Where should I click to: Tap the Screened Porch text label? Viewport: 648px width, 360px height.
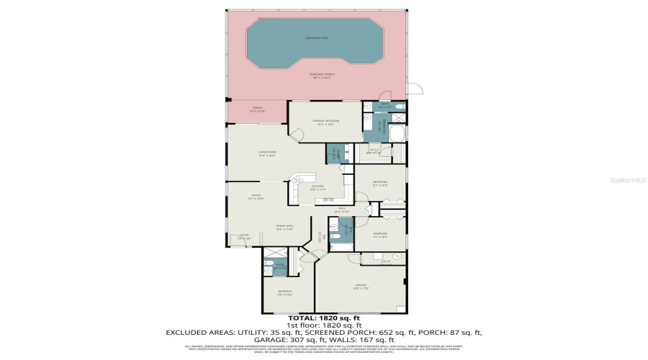coord(322,75)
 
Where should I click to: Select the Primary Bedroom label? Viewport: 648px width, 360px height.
coord(325,121)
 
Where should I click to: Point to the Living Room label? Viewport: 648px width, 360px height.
coord(269,153)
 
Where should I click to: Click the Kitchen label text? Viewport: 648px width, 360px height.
coord(318,187)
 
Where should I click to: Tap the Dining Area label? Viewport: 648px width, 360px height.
coord(284,228)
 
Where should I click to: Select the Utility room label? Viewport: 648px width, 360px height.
coord(386,261)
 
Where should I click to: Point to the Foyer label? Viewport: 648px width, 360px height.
coord(244,237)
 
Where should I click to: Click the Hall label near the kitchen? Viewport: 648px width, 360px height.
coord(343,210)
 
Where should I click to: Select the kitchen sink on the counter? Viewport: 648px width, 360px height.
coord(328,199)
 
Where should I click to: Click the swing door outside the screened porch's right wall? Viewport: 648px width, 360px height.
coord(414,89)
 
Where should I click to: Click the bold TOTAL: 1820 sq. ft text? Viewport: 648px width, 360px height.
coord(323,318)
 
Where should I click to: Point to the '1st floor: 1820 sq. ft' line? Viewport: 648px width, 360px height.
coord(323,325)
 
